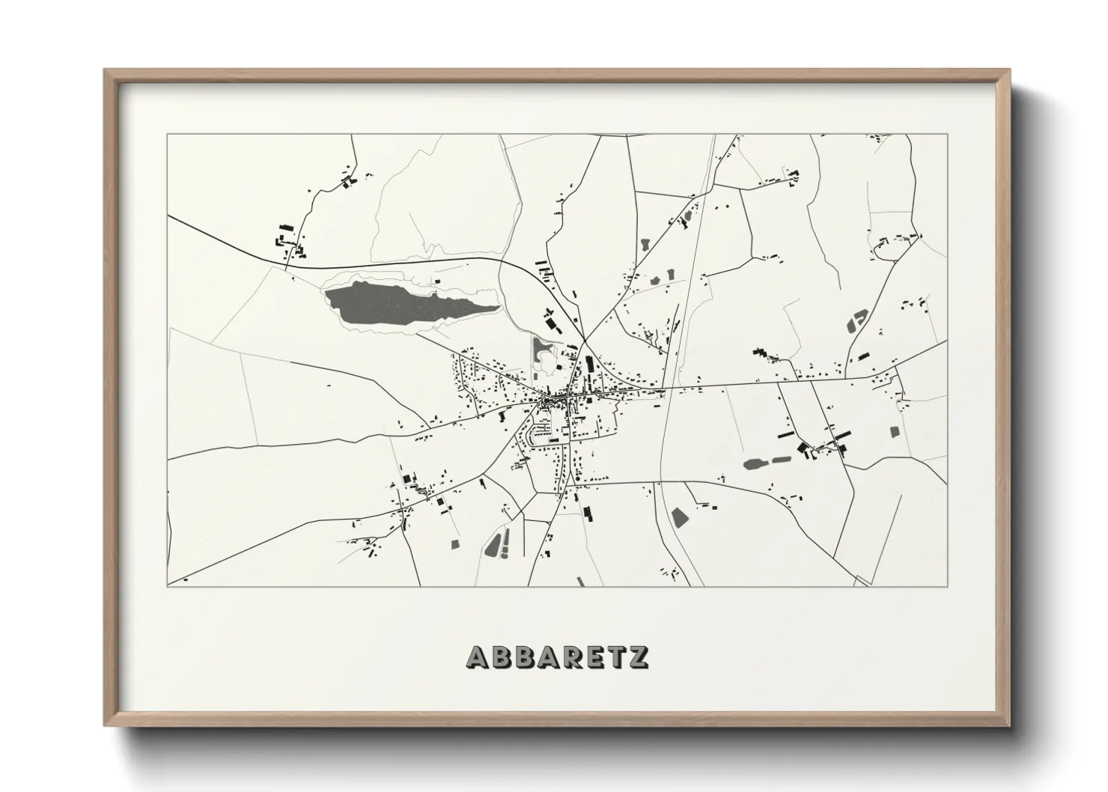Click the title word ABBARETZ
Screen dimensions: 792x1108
click(557, 657)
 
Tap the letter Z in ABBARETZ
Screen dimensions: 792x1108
click(638, 657)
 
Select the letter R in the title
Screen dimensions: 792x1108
click(569, 657)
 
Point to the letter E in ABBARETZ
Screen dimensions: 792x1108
click(593, 657)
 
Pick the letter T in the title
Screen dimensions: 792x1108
click(615, 657)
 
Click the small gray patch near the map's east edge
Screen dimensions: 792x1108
click(894, 432)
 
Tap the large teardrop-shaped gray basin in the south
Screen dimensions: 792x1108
click(493, 545)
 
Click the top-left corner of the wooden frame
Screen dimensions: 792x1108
click(105, 70)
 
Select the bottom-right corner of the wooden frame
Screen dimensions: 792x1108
click(1009, 725)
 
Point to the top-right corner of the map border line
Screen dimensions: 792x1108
click(946, 135)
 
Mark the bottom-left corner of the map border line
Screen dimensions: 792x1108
click(168, 585)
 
